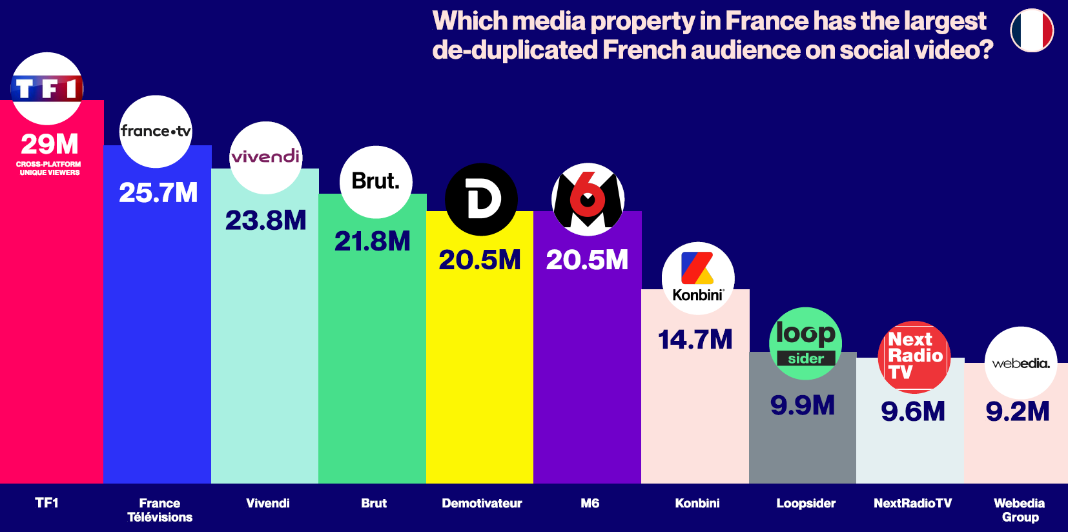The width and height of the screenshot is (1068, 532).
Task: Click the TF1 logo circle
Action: coord(47,88)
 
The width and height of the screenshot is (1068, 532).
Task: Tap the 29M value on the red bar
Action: coord(50,144)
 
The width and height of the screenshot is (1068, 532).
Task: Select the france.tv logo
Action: coord(156,132)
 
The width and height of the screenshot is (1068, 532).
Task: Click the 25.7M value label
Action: coord(158,192)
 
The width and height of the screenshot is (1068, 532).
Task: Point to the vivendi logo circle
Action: coord(265,158)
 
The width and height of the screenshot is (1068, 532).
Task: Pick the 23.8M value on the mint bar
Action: coord(265,221)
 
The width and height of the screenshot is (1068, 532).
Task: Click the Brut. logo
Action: coord(376,181)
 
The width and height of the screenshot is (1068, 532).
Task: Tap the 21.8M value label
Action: coord(373,241)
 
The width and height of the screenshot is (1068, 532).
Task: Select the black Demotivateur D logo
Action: coord(482,200)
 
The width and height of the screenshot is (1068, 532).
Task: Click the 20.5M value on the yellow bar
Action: coord(480,260)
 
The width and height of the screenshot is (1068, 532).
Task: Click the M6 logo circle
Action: coord(588,200)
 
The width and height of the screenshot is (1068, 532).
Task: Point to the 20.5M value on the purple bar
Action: coord(587,260)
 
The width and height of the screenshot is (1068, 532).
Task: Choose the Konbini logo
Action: coord(698,278)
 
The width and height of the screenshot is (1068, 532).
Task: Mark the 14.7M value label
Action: coord(695,340)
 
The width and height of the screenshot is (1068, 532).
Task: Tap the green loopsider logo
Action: coord(805,343)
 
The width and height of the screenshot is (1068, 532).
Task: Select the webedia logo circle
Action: coord(1021,363)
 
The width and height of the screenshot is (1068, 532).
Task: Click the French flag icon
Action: coord(1032,30)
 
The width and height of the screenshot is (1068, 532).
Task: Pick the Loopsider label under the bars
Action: coord(806,503)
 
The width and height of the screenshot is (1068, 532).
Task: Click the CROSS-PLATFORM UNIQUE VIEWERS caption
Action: coord(50,169)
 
